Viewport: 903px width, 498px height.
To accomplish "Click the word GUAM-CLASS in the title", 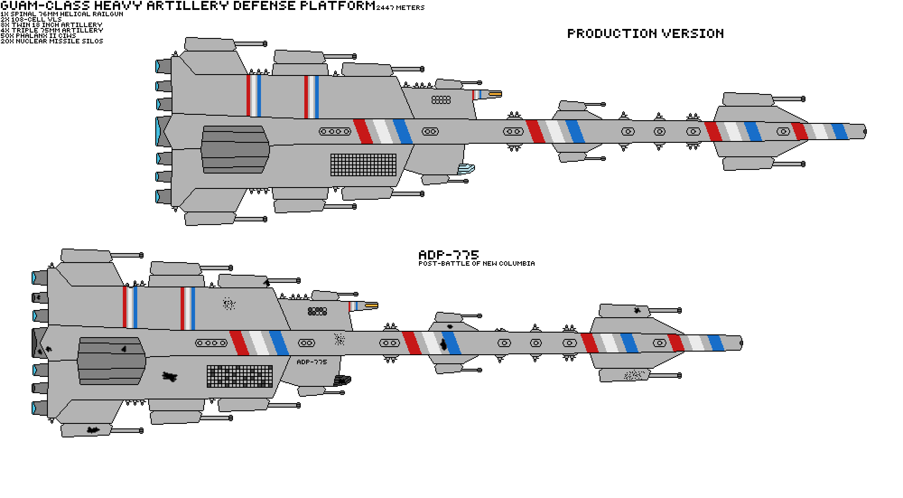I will click(x=45, y=6).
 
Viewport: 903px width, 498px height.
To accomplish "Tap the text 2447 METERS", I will click(x=400, y=8).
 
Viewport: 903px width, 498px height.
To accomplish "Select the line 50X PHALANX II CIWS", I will click(x=38, y=36).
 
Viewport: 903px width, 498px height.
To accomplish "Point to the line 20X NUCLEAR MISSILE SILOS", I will click(x=52, y=41).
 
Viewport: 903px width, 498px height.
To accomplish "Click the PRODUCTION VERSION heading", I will click(x=645, y=33).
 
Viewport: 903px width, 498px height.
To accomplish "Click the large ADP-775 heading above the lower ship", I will click(x=448, y=255).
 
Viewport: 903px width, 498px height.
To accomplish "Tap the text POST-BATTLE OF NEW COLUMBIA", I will click(x=476, y=263).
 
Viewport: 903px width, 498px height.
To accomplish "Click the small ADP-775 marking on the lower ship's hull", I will click(x=312, y=362).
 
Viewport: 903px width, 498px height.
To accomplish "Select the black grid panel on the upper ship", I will click(x=363, y=165).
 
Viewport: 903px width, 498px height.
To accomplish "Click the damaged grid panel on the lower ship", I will click(x=240, y=376).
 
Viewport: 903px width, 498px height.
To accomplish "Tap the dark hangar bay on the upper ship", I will click(x=235, y=149).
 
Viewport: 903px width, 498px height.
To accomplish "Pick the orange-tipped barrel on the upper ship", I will click(x=495, y=94).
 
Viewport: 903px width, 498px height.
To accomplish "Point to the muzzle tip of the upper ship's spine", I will click(x=864, y=132).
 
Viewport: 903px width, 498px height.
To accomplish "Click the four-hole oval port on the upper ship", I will click(x=335, y=132).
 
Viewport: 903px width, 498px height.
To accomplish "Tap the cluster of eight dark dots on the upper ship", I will click(x=441, y=99).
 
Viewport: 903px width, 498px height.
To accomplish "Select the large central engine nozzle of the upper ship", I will click(x=163, y=131).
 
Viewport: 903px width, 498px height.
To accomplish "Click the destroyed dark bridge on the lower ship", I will click(x=342, y=381).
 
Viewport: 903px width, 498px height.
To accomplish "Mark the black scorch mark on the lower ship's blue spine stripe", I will click(x=444, y=345).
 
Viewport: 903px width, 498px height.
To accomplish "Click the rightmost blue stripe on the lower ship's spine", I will click(x=716, y=343).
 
